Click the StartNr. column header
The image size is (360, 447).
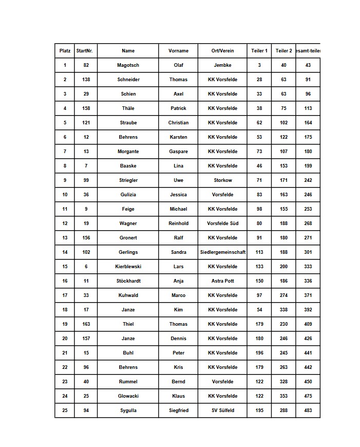(x=84, y=51)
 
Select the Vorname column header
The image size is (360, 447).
(x=178, y=51)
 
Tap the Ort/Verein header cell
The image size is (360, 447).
(x=222, y=51)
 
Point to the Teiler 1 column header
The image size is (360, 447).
(x=259, y=51)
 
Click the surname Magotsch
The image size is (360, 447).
(x=128, y=65)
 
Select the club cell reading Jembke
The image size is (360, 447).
(x=222, y=65)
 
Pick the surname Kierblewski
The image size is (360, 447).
(x=128, y=267)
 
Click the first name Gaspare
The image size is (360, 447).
(x=178, y=152)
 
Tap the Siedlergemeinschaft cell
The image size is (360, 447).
(x=222, y=252)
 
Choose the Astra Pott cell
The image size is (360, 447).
(x=222, y=281)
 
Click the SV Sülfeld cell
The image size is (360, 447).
(x=222, y=411)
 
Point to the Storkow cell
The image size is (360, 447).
(x=222, y=180)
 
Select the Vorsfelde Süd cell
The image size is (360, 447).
(x=222, y=223)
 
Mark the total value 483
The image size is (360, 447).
(x=308, y=411)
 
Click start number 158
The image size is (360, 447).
(x=86, y=108)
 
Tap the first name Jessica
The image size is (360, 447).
(x=178, y=195)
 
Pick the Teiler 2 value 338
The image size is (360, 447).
(x=283, y=310)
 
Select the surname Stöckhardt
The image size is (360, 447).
(x=128, y=281)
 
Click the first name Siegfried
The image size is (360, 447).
(x=178, y=411)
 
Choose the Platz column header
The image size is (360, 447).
(x=65, y=51)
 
